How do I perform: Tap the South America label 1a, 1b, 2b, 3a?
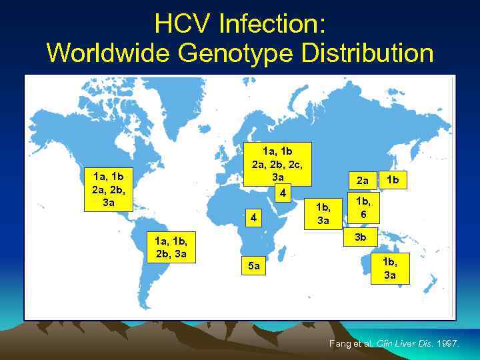coord(170,247)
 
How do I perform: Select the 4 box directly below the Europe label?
coord(283,193)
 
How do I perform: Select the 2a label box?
coord(362,180)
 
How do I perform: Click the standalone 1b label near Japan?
coord(394,179)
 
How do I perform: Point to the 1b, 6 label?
coord(363,207)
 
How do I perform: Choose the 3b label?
coord(361,237)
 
